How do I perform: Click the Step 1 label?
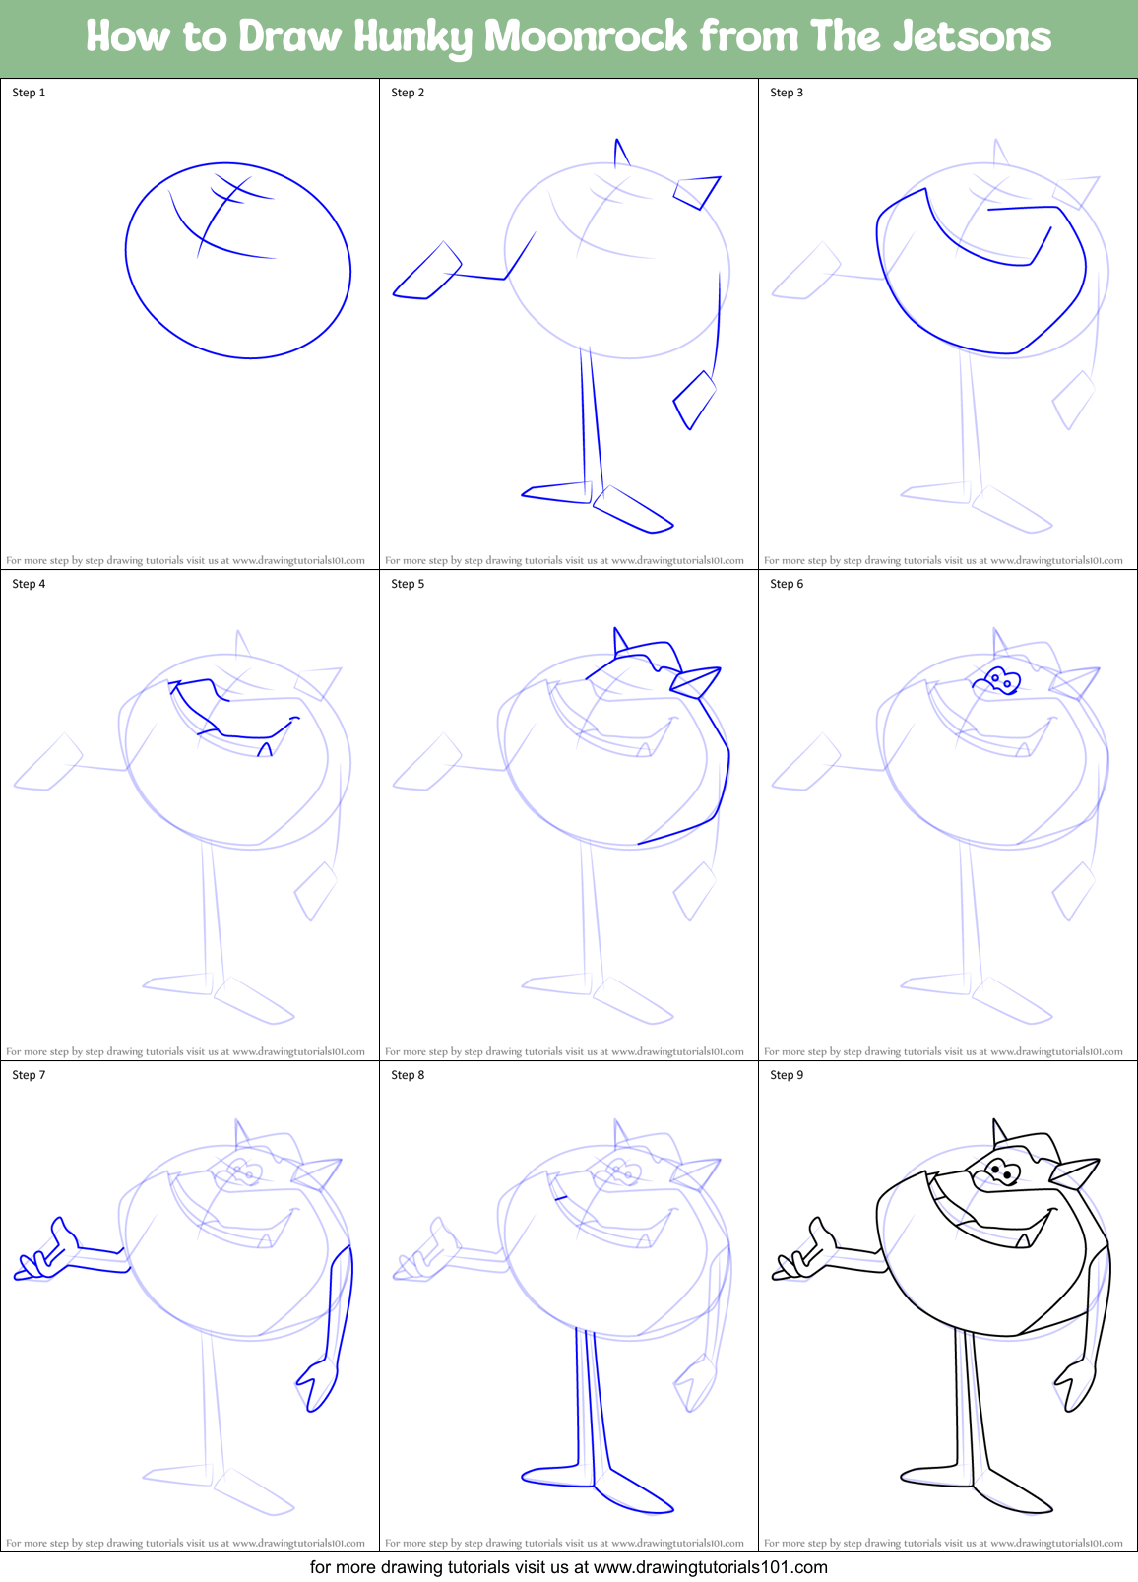(29, 93)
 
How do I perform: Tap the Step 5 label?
(408, 584)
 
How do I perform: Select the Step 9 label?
(787, 1075)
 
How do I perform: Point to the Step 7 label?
(29, 1075)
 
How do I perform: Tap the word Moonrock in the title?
(586, 37)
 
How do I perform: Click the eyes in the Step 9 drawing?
(1002, 1171)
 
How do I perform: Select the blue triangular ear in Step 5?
(696, 681)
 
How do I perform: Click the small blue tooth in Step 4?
(265, 750)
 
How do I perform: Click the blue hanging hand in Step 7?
(318, 1383)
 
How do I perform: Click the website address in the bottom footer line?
(711, 1567)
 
